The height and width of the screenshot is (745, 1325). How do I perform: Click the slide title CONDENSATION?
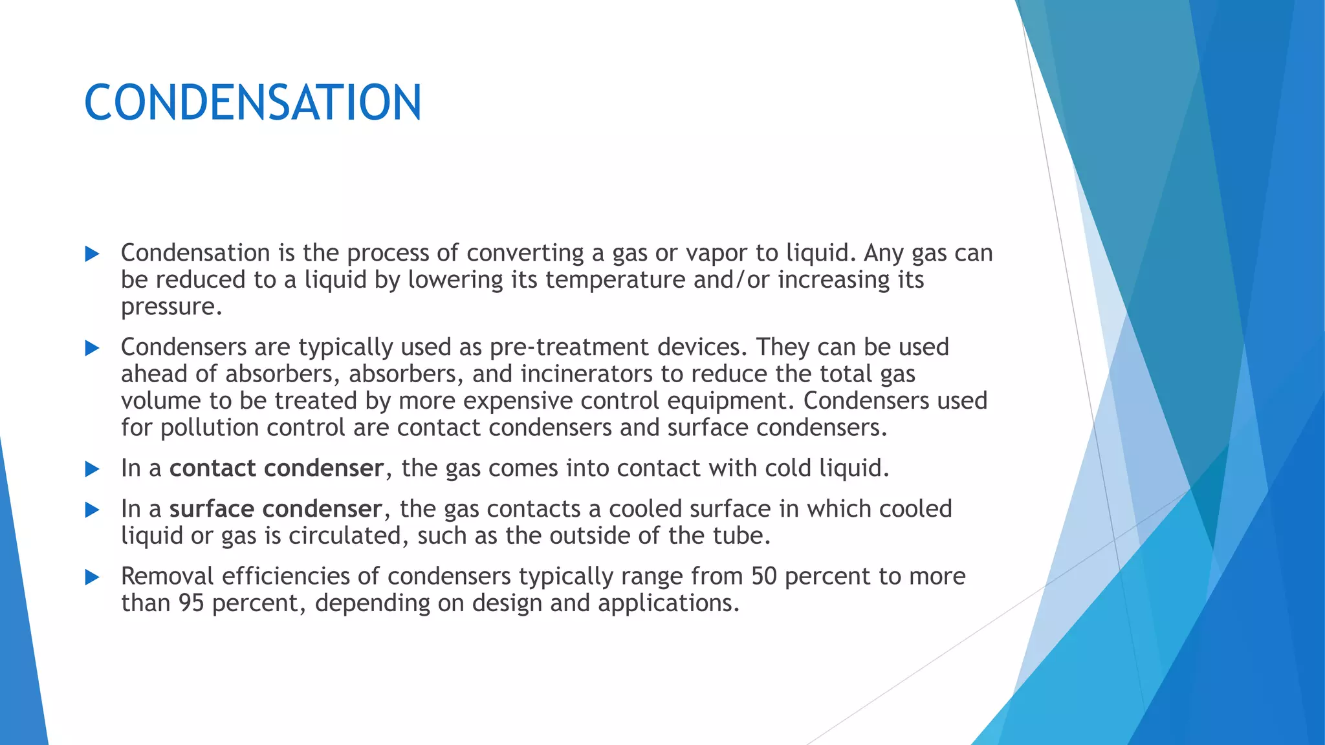[x=252, y=103]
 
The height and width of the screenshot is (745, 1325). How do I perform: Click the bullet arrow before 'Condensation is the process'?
[x=92, y=254]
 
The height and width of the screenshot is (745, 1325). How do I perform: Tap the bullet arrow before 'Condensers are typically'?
[x=92, y=349]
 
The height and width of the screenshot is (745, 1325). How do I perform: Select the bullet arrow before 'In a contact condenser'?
[x=92, y=470]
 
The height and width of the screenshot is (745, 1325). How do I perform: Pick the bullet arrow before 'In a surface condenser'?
[x=92, y=510]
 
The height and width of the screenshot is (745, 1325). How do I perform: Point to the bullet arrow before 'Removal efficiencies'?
[x=92, y=578]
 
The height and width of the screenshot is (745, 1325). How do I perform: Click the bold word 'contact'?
[x=212, y=468]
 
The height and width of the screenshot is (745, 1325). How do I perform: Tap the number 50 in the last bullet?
[x=763, y=576]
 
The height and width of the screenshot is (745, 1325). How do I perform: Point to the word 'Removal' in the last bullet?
[x=167, y=576]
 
